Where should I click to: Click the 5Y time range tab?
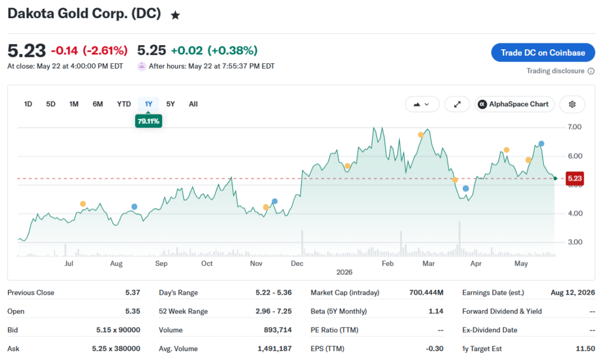pyautogui.click(x=170, y=104)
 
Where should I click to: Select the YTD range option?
pyautogui.click(x=123, y=104)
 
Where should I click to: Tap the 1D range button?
pyautogui.click(x=28, y=104)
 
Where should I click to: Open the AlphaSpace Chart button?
pyautogui.click(x=514, y=104)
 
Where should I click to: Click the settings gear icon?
pyautogui.click(x=572, y=104)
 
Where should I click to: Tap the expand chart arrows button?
pyautogui.click(x=457, y=104)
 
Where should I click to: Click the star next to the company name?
pyautogui.click(x=175, y=15)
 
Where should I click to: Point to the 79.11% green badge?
pyautogui.click(x=149, y=121)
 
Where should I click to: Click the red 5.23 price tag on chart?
pyautogui.click(x=575, y=178)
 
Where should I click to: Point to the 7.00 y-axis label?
pyautogui.click(x=574, y=127)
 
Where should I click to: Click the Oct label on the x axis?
pyautogui.click(x=207, y=264)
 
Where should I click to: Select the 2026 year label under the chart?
pyautogui.click(x=344, y=272)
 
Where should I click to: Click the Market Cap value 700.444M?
pyautogui.click(x=426, y=292)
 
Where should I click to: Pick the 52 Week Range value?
pyautogui.click(x=273, y=311)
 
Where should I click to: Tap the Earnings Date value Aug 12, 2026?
pyautogui.click(x=573, y=292)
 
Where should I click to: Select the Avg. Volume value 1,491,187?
pyautogui.click(x=275, y=349)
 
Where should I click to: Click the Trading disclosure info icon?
pyautogui.click(x=591, y=71)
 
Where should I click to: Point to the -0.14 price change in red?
pyautogui.click(x=64, y=50)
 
